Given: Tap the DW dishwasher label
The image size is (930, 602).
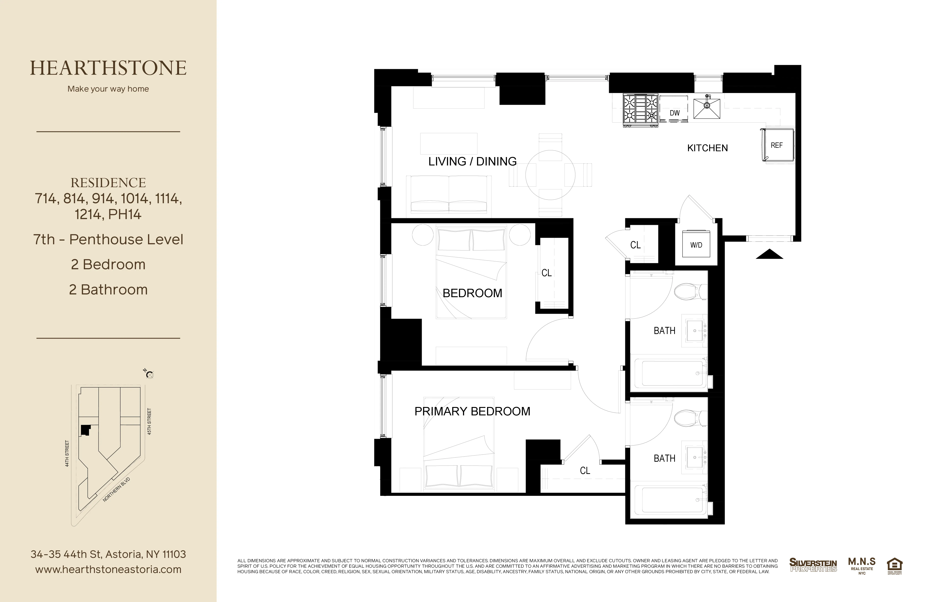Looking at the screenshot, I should coord(675,113).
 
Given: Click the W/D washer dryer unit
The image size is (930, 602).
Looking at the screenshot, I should coord(696,245).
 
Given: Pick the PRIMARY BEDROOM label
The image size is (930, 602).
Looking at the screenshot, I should coord(472,411).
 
